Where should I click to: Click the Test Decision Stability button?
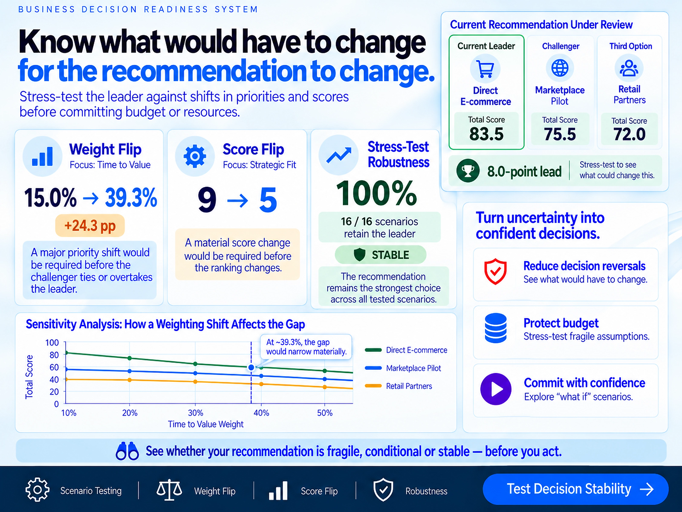click(x=575, y=489)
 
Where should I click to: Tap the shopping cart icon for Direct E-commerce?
click(x=485, y=68)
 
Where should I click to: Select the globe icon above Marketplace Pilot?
click(x=560, y=68)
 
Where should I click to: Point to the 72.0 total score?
click(x=629, y=134)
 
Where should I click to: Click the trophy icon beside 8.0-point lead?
click(x=468, y=171)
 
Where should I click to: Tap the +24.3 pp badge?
click(x=90, y=226)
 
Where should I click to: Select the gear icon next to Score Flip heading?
click(x=195, y=156)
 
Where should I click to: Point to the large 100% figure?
click(x=376, y=193)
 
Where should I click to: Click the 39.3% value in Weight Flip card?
click(x=131, y=198)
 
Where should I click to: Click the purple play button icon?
click(x=496, y=389)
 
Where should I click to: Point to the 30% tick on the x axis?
click(x=195, y=413)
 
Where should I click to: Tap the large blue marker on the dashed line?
click(x=251, y=367)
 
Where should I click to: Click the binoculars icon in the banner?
click(x=127, y=451)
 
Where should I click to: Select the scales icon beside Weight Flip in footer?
click(x=169, y=490)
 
